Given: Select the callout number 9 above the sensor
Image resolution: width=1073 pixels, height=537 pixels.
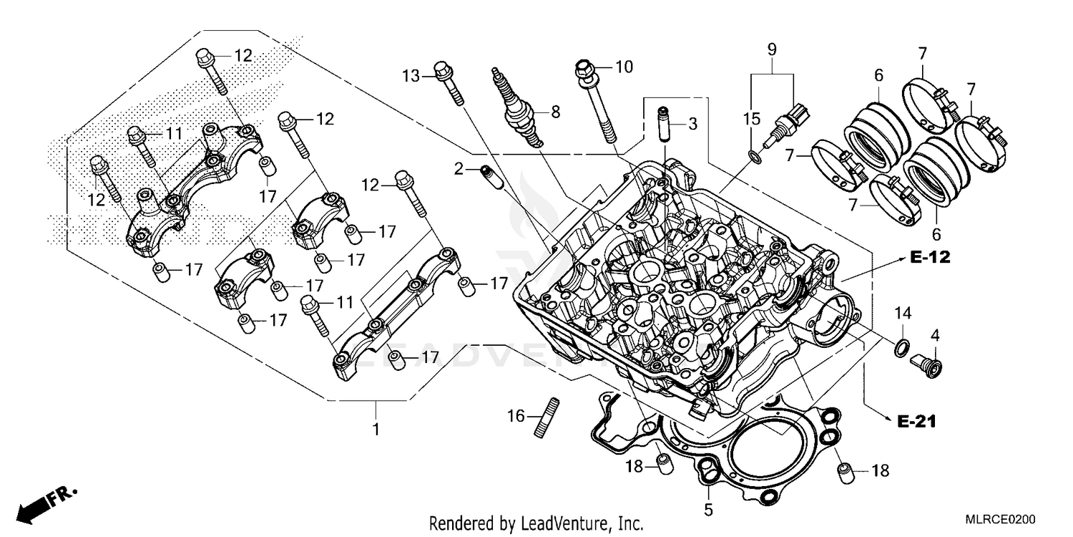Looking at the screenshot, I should tap(772, 49).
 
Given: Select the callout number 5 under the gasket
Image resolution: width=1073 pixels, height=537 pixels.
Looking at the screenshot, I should tap(708, 511).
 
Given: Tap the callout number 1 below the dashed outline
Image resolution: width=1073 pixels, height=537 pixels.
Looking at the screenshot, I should tap(376, 430).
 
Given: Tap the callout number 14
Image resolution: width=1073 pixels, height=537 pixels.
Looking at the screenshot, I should tap(903, 313).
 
